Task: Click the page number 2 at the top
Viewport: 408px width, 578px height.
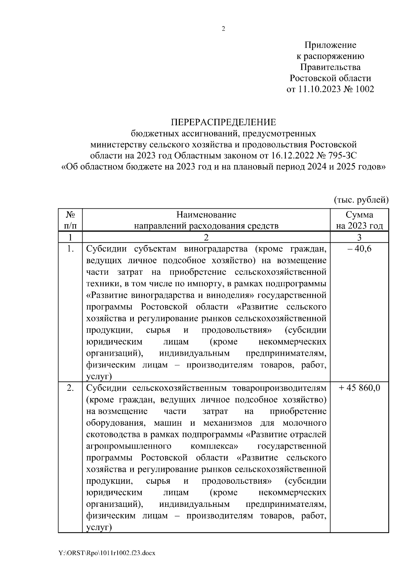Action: (223, 29)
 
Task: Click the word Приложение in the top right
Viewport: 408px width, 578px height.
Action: (330, 45)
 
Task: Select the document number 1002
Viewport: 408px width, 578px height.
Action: (364, 89)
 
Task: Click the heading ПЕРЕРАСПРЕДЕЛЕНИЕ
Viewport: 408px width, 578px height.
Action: (223, 122)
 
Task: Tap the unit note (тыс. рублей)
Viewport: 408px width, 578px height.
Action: (361, 199)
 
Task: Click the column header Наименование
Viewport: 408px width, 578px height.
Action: (206, 215)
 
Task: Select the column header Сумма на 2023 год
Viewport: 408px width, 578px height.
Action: (359, 220)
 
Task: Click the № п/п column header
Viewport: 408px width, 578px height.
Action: (70, 220)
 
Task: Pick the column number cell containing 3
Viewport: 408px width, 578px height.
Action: (359, 237)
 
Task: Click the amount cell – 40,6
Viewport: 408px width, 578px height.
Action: (359, 249)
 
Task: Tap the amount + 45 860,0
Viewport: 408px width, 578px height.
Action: (359, 388)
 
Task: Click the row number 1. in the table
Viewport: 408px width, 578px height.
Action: (70, 249)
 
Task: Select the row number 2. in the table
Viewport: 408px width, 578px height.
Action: (70, 388)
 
